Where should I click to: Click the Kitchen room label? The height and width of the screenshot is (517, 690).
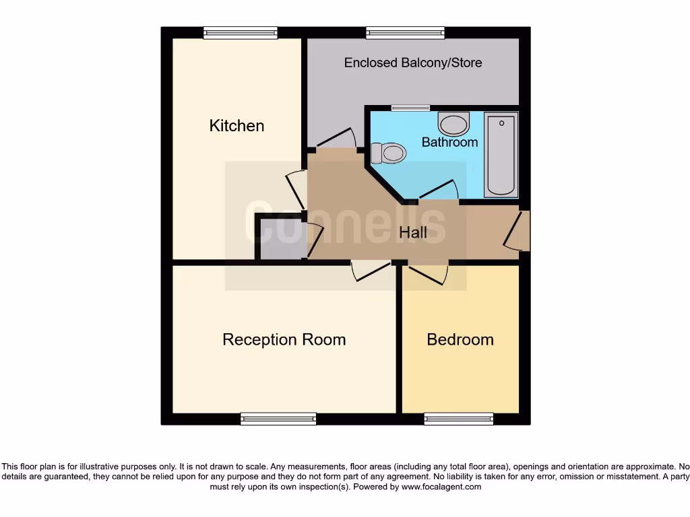[237, 126]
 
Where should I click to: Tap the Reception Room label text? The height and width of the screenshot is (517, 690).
[284, 339]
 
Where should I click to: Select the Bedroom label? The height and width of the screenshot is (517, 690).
[460, 339]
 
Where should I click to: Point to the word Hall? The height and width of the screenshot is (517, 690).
[413, 233]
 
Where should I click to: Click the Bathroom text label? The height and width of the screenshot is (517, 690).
[449, 142]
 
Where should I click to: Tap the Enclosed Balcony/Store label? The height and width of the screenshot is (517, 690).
[413, 63]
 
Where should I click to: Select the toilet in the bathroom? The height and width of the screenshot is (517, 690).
[388, 153]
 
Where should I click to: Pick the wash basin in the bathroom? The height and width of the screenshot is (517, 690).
[453, 124]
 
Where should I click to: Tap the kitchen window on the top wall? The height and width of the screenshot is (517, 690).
[241, 32]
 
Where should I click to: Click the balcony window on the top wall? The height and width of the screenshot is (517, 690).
[405, 32]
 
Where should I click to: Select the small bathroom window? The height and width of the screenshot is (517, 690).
[410, 108]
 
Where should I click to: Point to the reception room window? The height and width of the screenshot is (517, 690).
[278, 419]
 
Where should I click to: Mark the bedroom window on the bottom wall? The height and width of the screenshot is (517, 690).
[459, 419]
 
